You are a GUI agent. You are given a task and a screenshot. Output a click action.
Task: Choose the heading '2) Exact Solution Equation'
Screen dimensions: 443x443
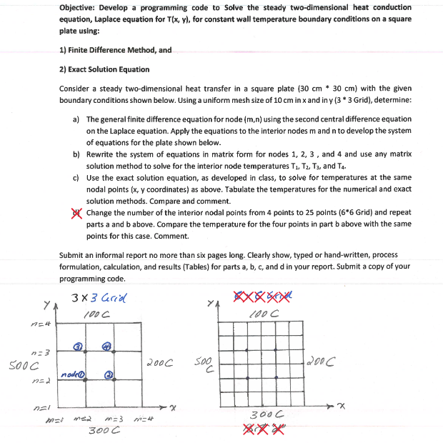[x=104, y=69]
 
